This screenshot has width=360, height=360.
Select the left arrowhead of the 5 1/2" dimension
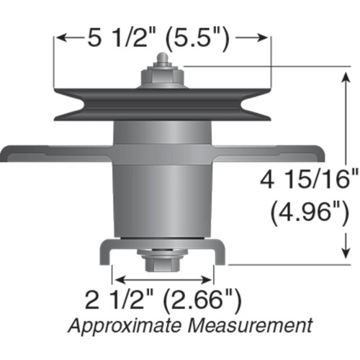click(60, 37)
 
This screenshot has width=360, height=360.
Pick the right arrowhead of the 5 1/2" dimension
click(266, 37)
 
